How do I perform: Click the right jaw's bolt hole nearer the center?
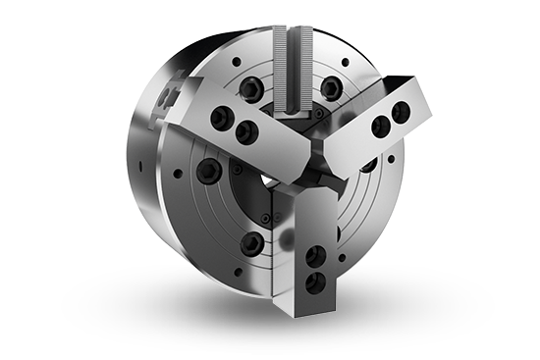(x=380, y=124)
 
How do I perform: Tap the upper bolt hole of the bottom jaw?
(x=313, y=258)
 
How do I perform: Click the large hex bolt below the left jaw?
(x=207, y=171)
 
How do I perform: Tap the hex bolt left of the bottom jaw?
(x=253, y=242)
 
